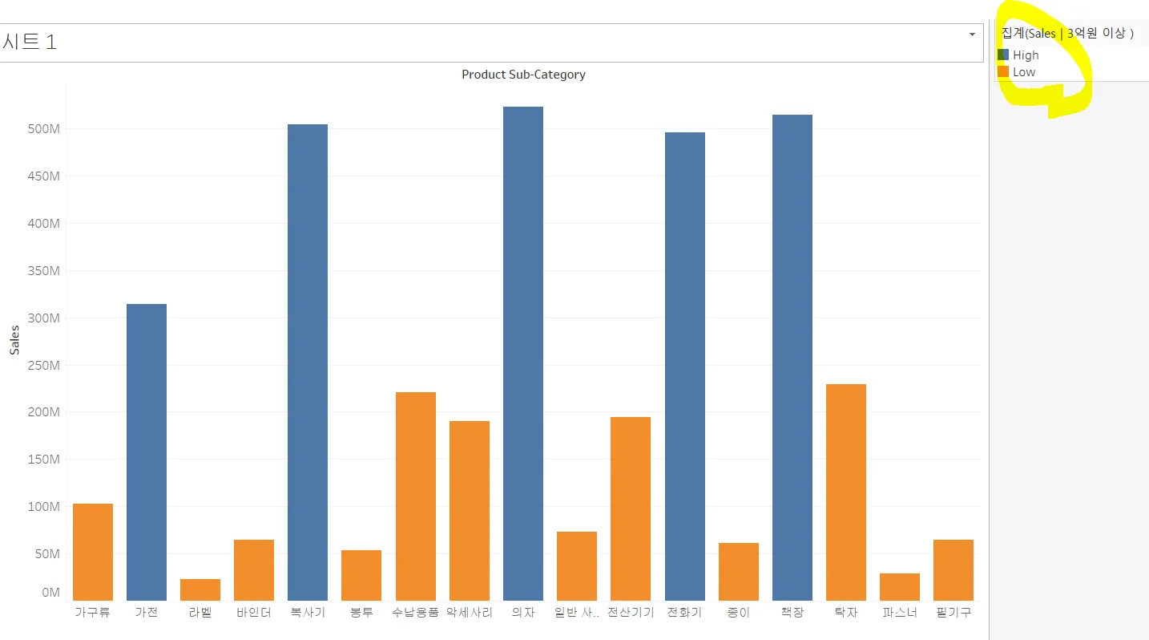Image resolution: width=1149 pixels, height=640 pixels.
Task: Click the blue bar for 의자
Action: pos(522,353)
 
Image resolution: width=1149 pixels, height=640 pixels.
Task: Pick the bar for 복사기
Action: pos(308,362)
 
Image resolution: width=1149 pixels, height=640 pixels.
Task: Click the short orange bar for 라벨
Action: pos(200,589)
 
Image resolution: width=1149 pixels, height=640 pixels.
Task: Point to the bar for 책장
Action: pos(792,357)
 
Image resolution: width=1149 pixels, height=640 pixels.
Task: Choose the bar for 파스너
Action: pos(899,586)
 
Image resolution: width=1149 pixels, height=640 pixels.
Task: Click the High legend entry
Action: pos(1026,55)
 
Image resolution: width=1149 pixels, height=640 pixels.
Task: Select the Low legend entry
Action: pos(1024,72)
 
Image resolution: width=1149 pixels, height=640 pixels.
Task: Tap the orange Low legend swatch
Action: pos(1003,72)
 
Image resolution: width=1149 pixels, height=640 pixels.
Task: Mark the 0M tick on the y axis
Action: pos(50,593)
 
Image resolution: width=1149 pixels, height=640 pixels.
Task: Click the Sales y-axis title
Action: pos(14,339)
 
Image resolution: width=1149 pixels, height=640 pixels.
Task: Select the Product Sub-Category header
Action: pos(523,75)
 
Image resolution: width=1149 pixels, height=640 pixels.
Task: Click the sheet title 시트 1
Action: pos(30,43)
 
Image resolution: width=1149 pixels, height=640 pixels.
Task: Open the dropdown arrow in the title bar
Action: pos(972,34)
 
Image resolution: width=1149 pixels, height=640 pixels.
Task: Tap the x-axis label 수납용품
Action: pos(415,613)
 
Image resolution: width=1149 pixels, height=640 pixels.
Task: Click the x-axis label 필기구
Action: pos(953,613)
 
